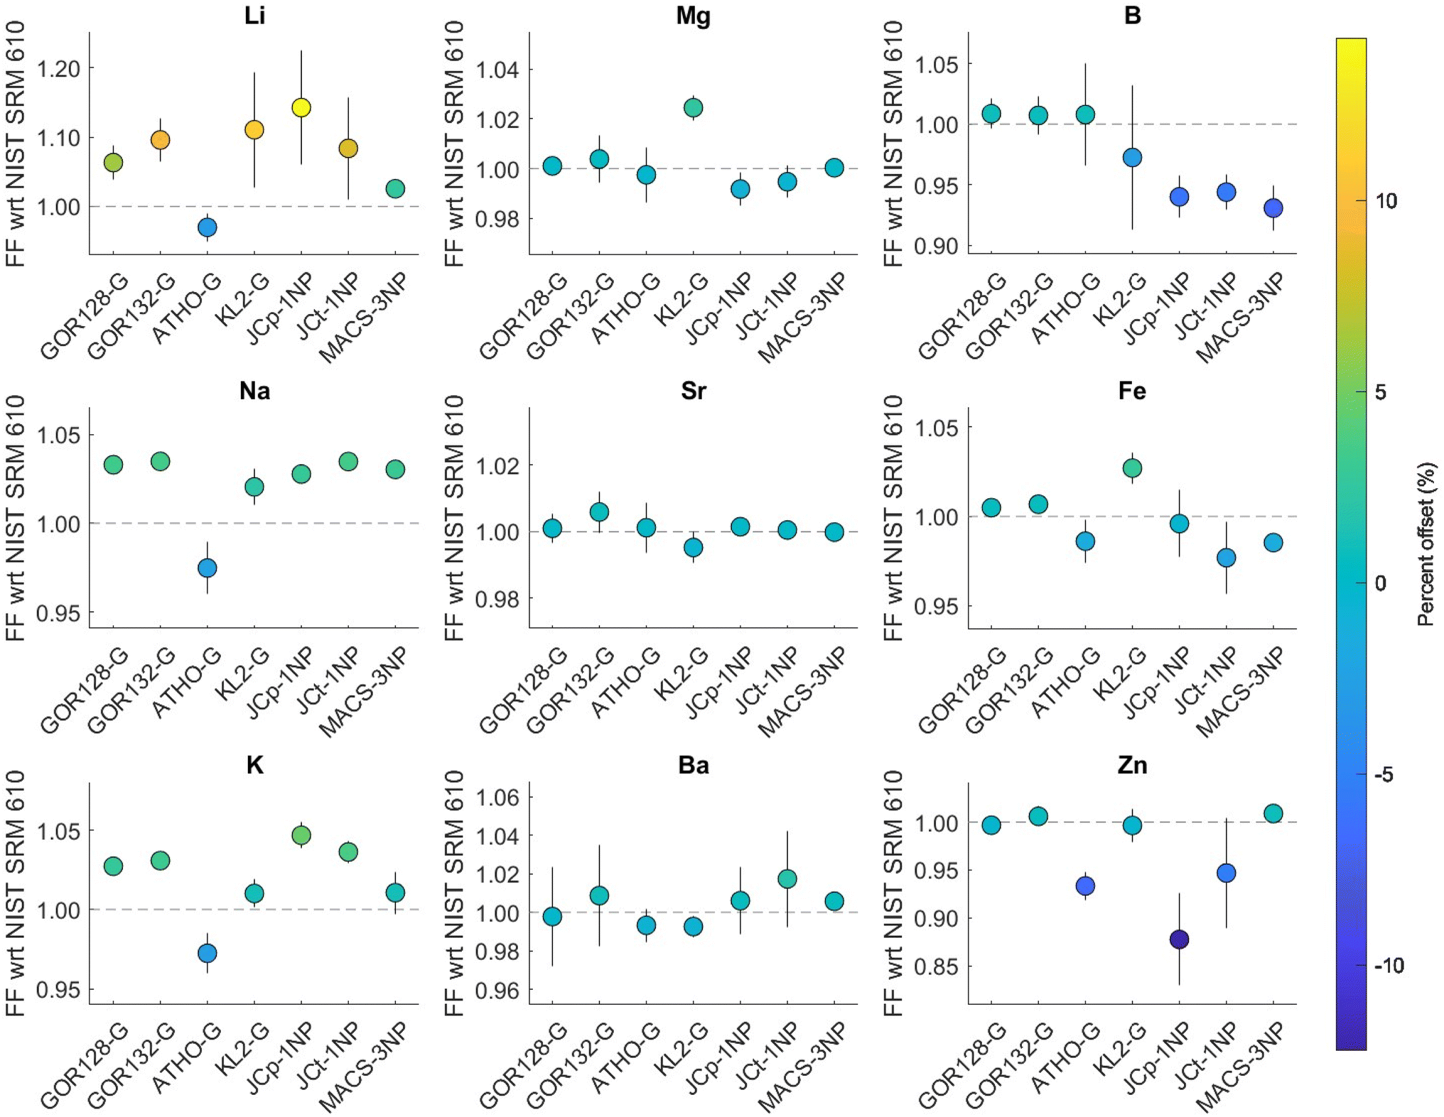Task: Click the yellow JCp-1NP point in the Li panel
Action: [301, 107]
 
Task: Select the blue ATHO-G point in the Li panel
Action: [207, 227]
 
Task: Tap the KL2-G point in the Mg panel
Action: [693, 108]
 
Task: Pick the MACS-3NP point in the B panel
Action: [1273, 208]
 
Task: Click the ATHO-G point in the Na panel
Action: [207, 568]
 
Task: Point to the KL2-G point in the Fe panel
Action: [1132, 468]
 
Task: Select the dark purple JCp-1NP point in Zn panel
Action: [1179, 939]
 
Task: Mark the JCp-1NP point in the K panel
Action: [301, 835]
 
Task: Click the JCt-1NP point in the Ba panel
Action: [787, 879]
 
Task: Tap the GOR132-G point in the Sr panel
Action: [599, 512]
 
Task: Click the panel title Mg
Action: [693, 16]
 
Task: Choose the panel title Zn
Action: [1132, 765]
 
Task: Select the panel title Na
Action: [254, 391]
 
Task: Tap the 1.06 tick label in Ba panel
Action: [497, 797]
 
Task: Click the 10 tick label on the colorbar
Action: [1386, 201]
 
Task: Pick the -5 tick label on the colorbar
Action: [1383, 775]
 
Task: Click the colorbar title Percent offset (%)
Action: [1426, 544]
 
